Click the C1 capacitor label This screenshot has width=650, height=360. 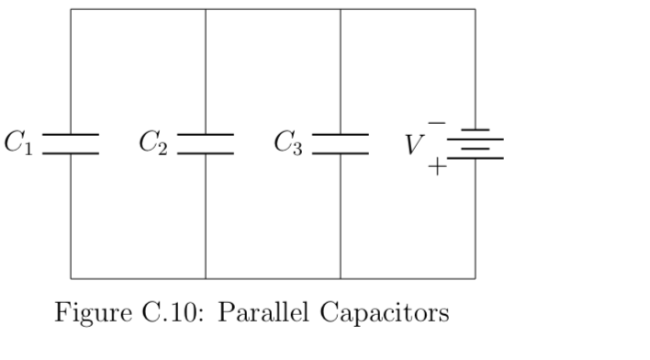click(18, 143)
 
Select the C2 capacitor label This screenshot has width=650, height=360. click(153, 143)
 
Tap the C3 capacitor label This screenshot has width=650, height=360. click(288, 143)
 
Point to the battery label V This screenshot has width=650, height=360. click(415, 145)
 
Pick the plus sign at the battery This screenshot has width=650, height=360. click(438, 166)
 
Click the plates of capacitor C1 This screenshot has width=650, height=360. click(71, 143)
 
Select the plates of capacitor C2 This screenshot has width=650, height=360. click(206, 143)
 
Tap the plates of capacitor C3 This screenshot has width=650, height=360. click(341, 143)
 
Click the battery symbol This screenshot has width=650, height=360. click(476, 143)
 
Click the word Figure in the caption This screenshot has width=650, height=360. click(90, 313)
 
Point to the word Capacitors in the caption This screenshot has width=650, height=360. click(386, 313)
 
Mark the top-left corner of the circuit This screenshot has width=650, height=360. click(71, 9)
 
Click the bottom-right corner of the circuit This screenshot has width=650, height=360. click(476, 278)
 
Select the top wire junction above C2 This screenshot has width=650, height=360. click(206, 9)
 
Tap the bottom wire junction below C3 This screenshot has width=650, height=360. click(341, 278)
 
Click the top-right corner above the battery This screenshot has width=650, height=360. click(476, 9)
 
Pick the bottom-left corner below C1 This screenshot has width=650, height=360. click(71, 278)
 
